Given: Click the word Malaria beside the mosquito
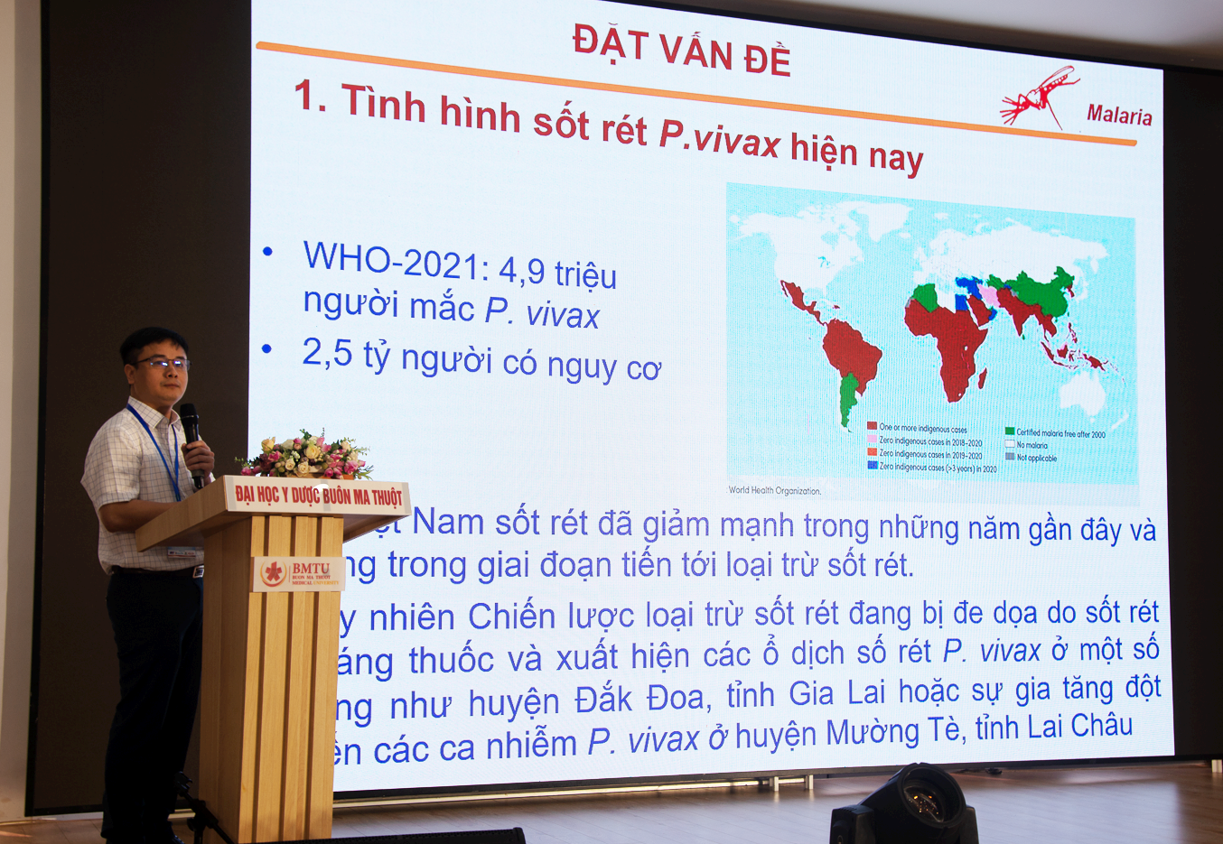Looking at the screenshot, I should click(x=1118, y=115).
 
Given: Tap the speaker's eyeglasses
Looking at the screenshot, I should click(x=163, y=364).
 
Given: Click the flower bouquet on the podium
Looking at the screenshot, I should click(x=306, y=456).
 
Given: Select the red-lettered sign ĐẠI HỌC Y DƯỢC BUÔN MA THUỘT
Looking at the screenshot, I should click(x=318, y=496).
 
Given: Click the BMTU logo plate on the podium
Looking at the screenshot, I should click(x=297, y=573).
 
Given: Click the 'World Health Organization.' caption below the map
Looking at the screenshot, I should click(x=774, y=490).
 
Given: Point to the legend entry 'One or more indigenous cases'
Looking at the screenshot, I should click(x=921, y=428).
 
